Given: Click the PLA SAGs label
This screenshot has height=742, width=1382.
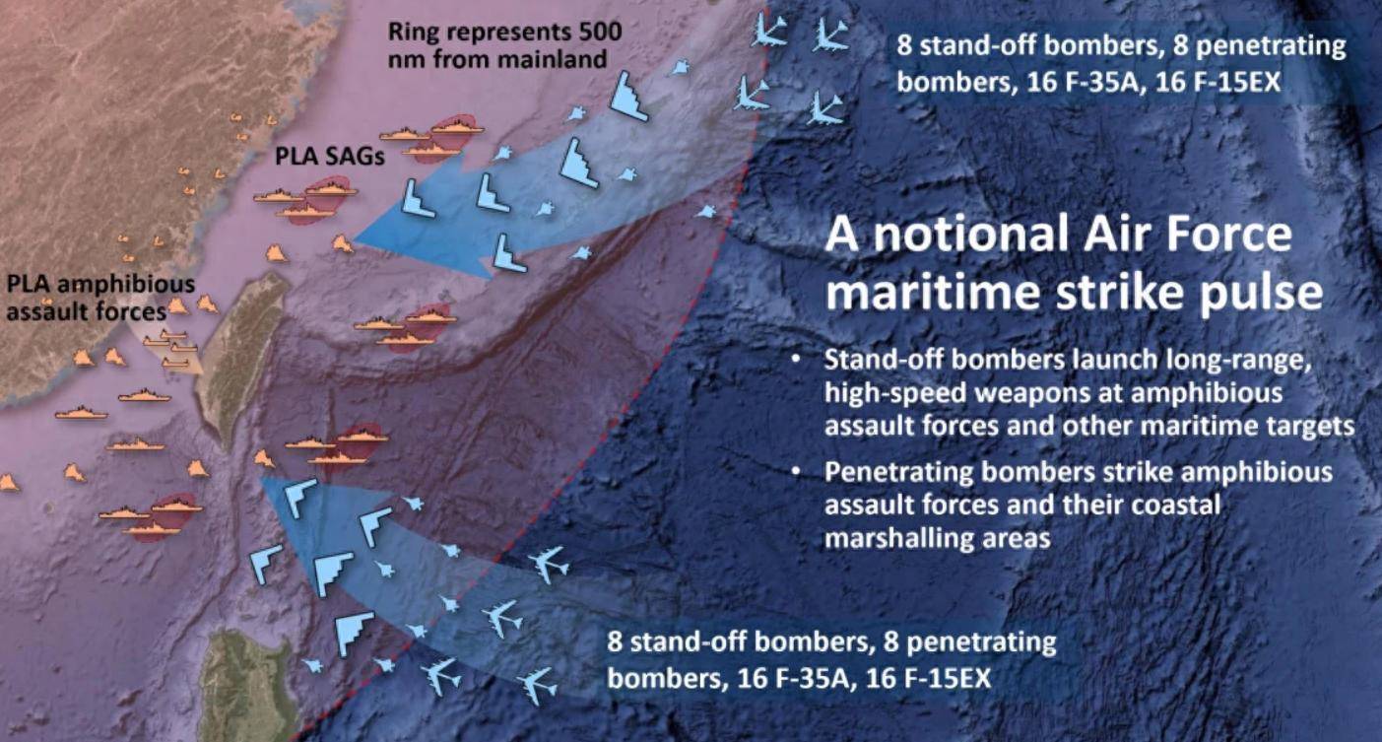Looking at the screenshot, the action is point(329,156).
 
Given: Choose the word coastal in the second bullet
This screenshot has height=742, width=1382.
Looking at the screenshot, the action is point(1176,505).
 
